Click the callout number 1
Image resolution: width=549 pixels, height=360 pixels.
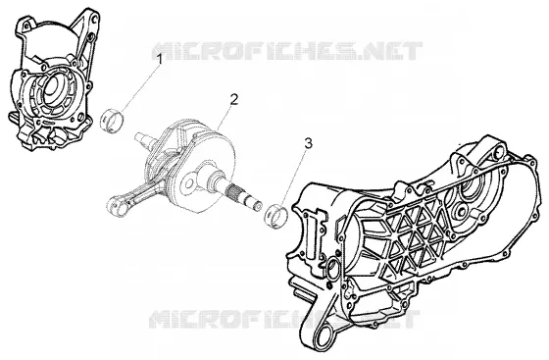(160, 60)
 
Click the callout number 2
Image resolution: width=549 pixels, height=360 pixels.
(234, 99)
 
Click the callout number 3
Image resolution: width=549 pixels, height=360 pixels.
(308, 143)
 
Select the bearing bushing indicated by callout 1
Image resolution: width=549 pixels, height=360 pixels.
(112, 121)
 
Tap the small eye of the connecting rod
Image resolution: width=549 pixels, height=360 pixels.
(118, 206)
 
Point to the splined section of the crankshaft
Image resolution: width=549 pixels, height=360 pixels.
(233, 192)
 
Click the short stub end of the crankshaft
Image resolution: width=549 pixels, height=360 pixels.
(142, 137)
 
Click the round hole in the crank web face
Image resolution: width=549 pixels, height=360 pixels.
(189, 183)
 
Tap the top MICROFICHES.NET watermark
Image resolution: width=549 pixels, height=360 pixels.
(287, 51)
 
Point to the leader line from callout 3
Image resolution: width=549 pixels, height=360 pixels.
(295, 178)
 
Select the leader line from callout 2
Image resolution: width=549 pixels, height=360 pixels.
(224, 118)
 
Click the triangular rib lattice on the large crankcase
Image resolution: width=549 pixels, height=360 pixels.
(412, 233)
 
